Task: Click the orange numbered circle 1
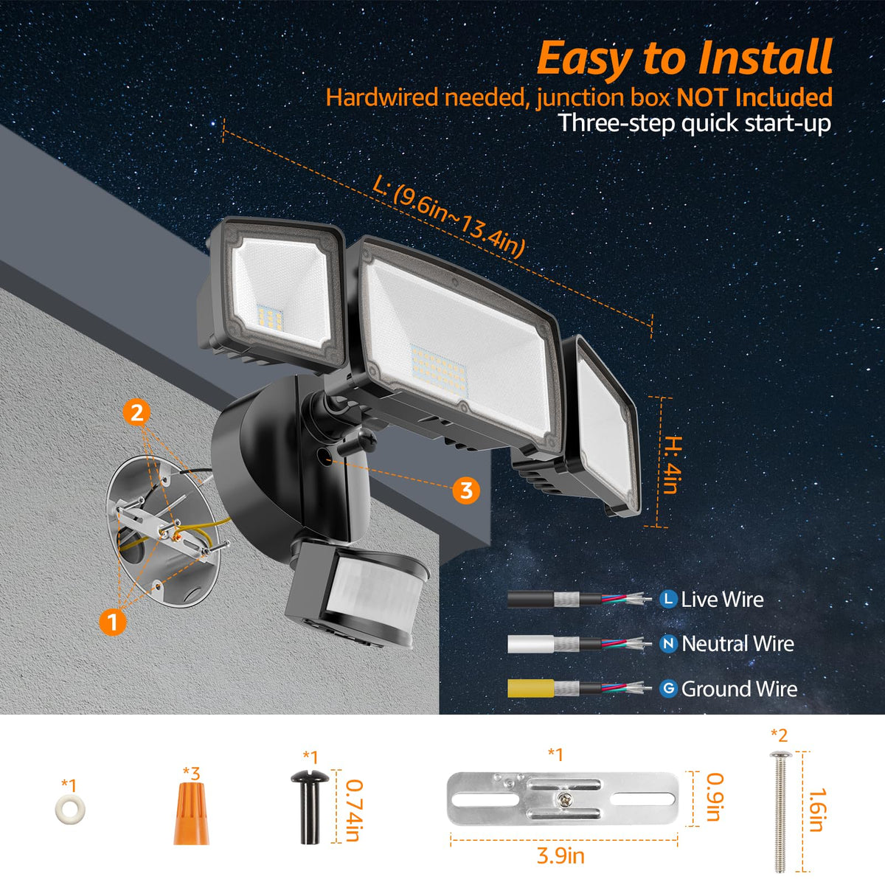[113, 622]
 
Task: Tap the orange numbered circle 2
[136, 413]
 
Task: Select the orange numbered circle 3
[466, 490]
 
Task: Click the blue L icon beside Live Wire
[668, 600]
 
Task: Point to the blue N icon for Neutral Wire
[668, 644]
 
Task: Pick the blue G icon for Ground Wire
[668, 688]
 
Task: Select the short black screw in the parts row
[310, 807]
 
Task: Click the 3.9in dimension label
[560, 855]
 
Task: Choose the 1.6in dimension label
[817, 810]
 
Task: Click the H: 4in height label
[672, 465]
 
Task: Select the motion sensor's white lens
[372, 583]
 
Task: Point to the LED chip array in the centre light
[440, 367]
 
